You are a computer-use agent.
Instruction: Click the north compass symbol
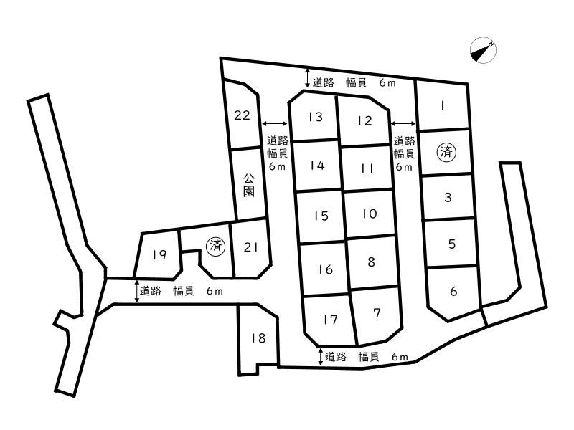pos(483,50)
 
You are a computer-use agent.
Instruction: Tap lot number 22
pos(242,115)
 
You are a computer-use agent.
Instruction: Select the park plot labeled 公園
pos(249,185)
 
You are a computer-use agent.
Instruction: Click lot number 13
pos(316,117)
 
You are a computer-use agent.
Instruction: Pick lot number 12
pos(365,120)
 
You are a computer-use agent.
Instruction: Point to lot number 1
pos(443,106)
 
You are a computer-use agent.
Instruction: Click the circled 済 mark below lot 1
pos(446,152)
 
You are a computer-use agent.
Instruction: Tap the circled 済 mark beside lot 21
pos(216,245)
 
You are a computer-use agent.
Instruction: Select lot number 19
pos(160,254)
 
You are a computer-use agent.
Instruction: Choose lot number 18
pos(259,338)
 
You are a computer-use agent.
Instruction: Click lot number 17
pos(330,320)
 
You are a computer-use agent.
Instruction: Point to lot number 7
pos(377,313)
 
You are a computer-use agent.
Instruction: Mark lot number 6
pos(453,292)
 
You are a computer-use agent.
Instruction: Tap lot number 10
pos(370,214)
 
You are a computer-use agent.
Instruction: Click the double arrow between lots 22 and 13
pos(276,123)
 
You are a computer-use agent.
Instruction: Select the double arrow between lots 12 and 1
pos(404,123)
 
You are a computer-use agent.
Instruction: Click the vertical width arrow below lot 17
pos(321,357)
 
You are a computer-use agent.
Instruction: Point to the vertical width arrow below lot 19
pos(137,292)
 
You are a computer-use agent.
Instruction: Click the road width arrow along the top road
pos(308,78)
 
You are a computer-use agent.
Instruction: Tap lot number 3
pos(448,198)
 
